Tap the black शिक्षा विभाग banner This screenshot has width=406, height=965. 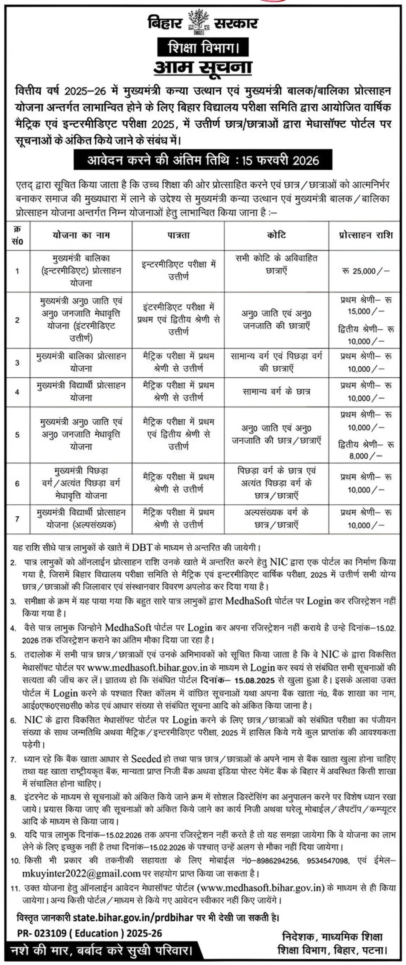pos(203,47)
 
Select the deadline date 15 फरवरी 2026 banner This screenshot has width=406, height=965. pos(203,160)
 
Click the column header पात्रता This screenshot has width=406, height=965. pos(178,235)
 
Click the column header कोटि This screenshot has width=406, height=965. pos(276,235)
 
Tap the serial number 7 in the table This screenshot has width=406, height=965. pos(17,519)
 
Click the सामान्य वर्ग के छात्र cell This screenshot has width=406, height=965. pos(276,392)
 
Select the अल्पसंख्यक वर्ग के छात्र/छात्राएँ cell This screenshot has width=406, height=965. pos(276,518)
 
